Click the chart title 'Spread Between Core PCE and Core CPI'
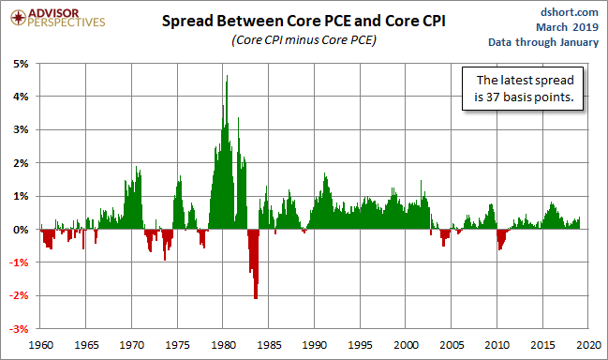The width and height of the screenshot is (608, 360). point(304,21)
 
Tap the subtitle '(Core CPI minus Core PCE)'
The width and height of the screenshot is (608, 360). point(304,40)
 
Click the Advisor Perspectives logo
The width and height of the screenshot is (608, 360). point(58,18)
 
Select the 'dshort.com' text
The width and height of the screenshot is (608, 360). point(570,12)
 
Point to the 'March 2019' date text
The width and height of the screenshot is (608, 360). point(568,27)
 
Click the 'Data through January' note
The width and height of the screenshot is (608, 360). point(543,42)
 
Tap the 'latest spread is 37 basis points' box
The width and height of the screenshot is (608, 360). point(523,88)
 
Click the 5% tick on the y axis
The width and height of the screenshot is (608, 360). point(21,64)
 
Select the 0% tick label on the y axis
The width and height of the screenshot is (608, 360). point(21,230)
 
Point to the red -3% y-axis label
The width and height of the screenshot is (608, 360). point(19,329)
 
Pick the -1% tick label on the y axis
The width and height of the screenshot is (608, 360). point(19,262)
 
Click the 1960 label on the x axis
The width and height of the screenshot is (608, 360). point(41,345)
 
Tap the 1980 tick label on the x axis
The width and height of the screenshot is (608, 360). point(223,345)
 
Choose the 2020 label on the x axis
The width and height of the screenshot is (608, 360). point(589,345)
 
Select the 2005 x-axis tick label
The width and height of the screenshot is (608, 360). point(452,345)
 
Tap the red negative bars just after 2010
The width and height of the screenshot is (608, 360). point(502,237)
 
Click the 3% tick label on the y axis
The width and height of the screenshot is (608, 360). point(21,129)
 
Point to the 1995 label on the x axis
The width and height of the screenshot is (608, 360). point(361,345)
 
